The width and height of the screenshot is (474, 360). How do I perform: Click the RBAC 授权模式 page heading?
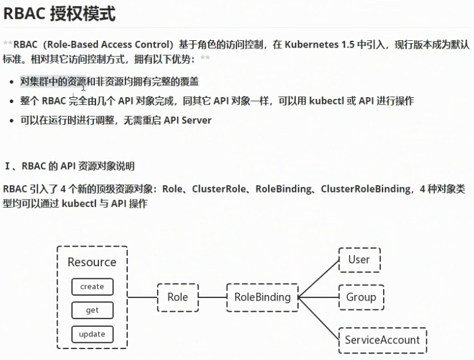tap(60, 14)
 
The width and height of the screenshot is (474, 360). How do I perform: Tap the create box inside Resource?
tap(92, 286)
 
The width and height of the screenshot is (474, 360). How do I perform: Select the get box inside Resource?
tap(92, 310)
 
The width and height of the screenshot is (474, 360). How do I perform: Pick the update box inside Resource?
tap(92, 334)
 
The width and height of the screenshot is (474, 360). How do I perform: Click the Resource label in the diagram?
tap(92, 262)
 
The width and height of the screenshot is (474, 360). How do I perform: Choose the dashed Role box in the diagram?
tap(177, 297)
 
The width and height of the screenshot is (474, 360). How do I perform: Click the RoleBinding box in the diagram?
tap(262, 297)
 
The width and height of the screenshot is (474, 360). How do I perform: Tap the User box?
tap(359, 259)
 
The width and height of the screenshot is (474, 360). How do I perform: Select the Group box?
tap(361, 297)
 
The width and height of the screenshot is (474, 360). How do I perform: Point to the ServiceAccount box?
tap(382, 340)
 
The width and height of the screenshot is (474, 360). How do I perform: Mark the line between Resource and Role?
tap(143, 297)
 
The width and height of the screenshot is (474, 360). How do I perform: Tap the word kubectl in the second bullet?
tap(326, 101)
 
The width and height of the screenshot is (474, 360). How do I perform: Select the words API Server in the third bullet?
tap(188, 120)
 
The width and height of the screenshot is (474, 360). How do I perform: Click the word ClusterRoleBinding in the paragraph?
tap(366, 189)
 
